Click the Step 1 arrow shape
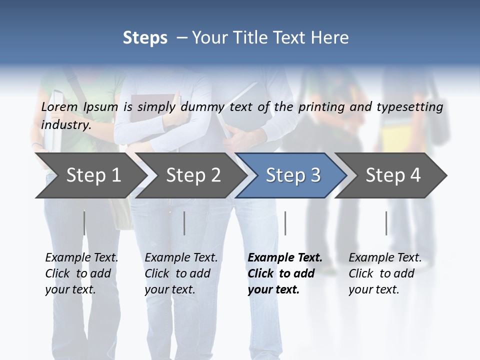tap(90, 175)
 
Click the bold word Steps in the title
tap(145, 38)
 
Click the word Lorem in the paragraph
tap(59, 106)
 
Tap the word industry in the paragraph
tap(65, 124)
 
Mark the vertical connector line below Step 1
tap(84, 223)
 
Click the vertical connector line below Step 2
tap(184, 223)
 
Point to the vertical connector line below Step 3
tap(285, 223)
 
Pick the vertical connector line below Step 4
tap(386, 223)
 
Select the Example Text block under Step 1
tap(81, 273)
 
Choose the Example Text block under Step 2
tap(181, 273)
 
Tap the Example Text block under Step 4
tap(385, 273)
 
